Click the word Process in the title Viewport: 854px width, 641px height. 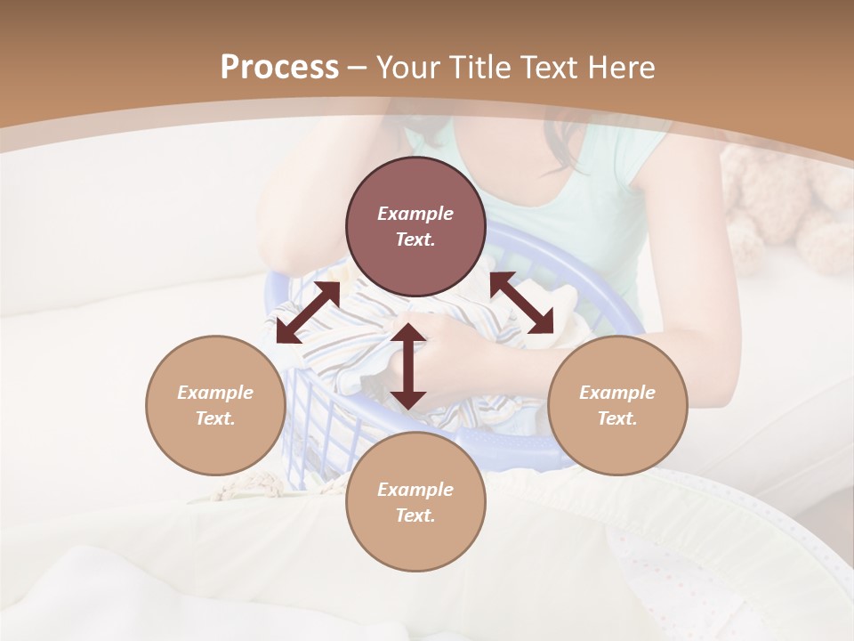(279, 68)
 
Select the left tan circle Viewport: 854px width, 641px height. (215, 405)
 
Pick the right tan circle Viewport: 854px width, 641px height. (617, 405)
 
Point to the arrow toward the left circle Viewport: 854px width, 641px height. (308, 312)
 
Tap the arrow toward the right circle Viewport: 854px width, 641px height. (521, 303)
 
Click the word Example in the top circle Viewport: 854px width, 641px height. (415, 214)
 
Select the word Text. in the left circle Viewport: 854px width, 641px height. (215, 418)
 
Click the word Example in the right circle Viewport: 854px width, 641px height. (617, 393)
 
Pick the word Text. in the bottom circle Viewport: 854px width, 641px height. (415, 515)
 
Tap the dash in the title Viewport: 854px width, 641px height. (358, 69)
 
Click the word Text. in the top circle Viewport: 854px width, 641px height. (415, 239)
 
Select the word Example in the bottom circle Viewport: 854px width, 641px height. (415, 490)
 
